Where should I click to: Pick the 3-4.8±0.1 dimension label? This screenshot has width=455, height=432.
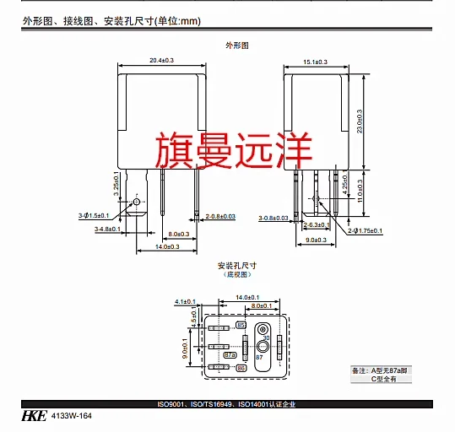click(x=107, y=229)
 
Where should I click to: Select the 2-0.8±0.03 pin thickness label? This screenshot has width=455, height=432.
click(x=220, y=217)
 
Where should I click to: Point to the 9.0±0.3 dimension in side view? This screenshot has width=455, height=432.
click(x=317, y=240)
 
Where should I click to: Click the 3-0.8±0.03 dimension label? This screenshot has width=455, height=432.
click(x=274, y=218)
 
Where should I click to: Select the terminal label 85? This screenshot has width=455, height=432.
click(x=241, y=325)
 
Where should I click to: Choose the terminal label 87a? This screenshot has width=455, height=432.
click(x=230, y=355)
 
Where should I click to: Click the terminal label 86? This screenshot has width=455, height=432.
click(x=241, y=369)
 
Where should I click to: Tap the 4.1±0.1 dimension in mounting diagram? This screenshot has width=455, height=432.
click(x=184, y=300)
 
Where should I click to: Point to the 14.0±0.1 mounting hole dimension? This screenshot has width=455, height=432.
click(x=247, y=298)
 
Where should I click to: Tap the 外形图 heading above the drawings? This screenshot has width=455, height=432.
click(x=238, y=43)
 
